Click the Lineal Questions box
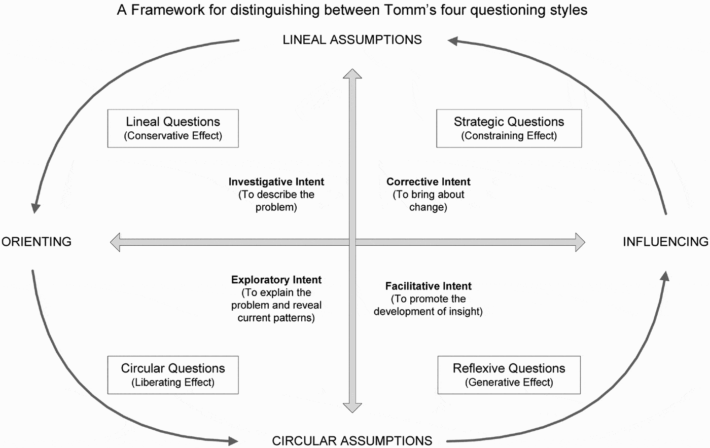(173, 128)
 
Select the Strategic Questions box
(509, 128)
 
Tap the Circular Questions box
(173, 375)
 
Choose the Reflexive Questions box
(509, 375)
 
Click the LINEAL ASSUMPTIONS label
(352, 40)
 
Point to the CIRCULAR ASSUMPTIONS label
(352, 441)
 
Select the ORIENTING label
(37, 242)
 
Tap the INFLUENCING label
(665, 242)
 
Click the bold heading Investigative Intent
(276, 182)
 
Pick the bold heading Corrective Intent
(429, 182)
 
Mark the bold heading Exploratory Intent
(276, 280)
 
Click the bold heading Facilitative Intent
(429, 286)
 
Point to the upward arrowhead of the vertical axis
(352, 74)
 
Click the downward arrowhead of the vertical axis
(352, 407)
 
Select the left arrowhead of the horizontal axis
(116, 242)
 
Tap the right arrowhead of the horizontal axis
(580, 242)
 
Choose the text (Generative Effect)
(509, 382)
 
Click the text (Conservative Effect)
(173, 136)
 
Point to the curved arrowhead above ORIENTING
(35, 208)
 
